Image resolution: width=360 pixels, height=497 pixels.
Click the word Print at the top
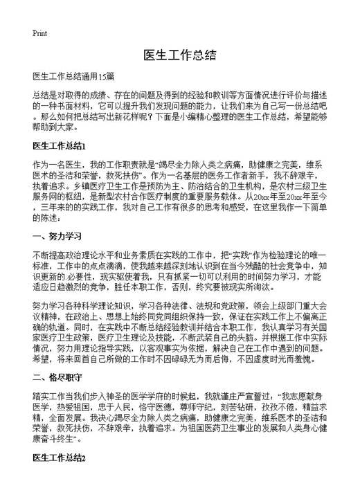pyautogui.click(x=39, y=33)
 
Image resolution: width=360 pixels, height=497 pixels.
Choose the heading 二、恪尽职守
pyautogui.click(x=54, y=377)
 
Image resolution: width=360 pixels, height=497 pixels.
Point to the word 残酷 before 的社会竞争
pyautogui.click(x=255, y=266)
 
